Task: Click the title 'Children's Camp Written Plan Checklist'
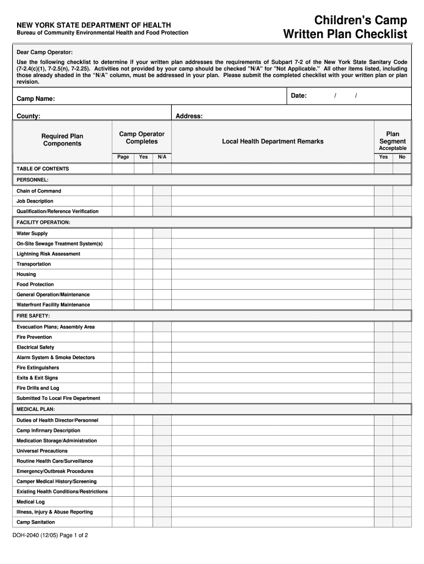pyautogui.click(x=345, y=28)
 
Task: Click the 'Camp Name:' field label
pyautogui.click(x=35, y=99)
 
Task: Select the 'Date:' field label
pyautogui.click(x=298, y=96)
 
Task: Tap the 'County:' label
pyautogui.click(x=28, y=116)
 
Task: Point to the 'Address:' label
pyautogui.click(x=189, y=116)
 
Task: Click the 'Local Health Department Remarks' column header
pyautogui.click(x=273, y=142)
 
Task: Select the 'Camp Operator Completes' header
pyautogui.click(x=142, y=138)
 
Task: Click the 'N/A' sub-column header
pyautogui.click(x=162, y=157)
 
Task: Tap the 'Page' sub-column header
pyautogui.click(x=123, y=157)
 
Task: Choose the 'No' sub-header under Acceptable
pyautogui.click(x=402, y=157)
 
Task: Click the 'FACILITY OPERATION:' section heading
pyautogui.click(x=44, y=223)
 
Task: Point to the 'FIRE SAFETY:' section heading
pyautogui.click(x=33, y=316)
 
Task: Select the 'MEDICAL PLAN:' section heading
pyautogui.click(x=36, y=409)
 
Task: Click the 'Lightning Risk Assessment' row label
pyautogui.click(x=48, y=254)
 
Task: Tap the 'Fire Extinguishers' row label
pyautogui.click(x=37, y=367)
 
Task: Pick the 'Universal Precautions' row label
pyautogui.click(x=42, y=451)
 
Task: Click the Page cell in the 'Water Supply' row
pyautogui.click(x=123, y=234)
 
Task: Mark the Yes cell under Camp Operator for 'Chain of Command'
pyautogui.click(x=143, y=191)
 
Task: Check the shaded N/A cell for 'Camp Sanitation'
pyautogui.click(x=162, y=522)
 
